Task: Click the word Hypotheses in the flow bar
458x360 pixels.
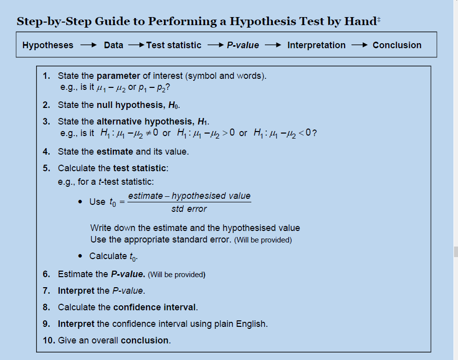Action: pyautogui.click(x=48, y=45)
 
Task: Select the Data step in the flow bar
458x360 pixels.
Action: pyautogui.click(x=113, y=45)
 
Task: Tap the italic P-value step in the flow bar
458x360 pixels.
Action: pyautogui.click(x=243, y=45)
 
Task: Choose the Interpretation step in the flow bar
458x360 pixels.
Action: pyautogui.click(x=316, y=45)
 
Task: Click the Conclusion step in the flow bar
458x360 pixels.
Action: pyautogui.click(x=397, y=45)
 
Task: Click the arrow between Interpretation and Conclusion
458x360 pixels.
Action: pyautogui.click(x=359, y=45)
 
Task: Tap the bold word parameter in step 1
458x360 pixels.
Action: pyautogui.click(x=118, y=76)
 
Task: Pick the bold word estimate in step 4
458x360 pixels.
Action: pyautogui.click(x=114, y=151)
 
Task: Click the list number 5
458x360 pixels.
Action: pyautogui.click(x=46, y=168)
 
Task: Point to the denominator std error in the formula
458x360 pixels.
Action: pyautogui.click(x=189, y=209)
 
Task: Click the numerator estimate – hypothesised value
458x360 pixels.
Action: pyautogui.click(x=189, y=196)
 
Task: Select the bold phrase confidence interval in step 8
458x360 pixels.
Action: pyautogui.click(x=155, y=307)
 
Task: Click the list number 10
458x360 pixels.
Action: pyautogui.click(x=49, y=340)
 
